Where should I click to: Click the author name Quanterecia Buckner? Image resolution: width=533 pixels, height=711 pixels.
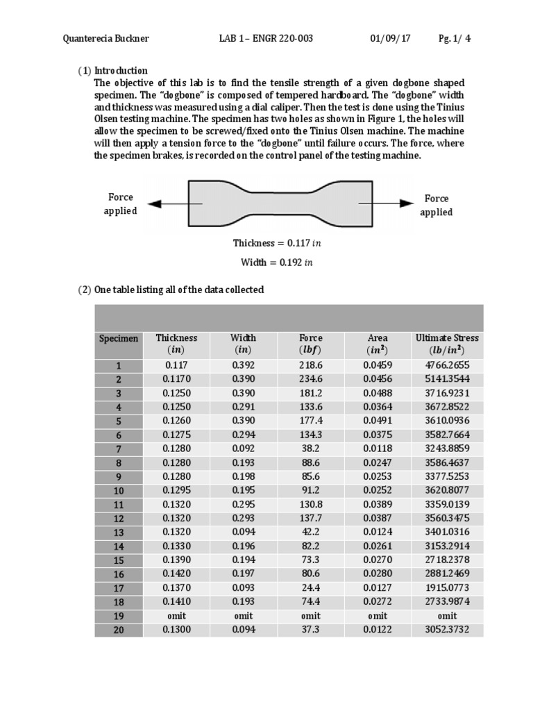tap(105, 38)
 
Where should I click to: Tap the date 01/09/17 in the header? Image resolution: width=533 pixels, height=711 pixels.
tap(390, 38)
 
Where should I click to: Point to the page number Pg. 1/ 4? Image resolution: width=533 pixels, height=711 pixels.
tap(455, 38)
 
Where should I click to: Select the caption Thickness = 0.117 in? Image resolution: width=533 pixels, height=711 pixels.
tap(277, 244)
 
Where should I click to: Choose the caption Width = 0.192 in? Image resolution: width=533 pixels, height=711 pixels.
tap(277, 263)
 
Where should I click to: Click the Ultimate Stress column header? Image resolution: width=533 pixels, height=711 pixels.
tap(447, 344)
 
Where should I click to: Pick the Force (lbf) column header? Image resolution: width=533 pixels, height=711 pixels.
tap(311, 344)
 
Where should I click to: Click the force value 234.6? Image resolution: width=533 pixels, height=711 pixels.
tap(311, 379)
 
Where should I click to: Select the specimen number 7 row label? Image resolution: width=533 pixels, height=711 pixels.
tap(119, 449)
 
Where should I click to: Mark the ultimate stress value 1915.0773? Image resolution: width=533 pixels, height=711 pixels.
tap(447, 588)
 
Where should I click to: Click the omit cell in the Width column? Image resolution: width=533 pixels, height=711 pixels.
tap(243, 616)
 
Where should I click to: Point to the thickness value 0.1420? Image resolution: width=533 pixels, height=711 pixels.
tap(177, 574)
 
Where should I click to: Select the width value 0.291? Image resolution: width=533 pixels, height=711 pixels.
tap(243, 407)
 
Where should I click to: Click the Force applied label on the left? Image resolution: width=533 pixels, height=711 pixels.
tap(120, 204)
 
